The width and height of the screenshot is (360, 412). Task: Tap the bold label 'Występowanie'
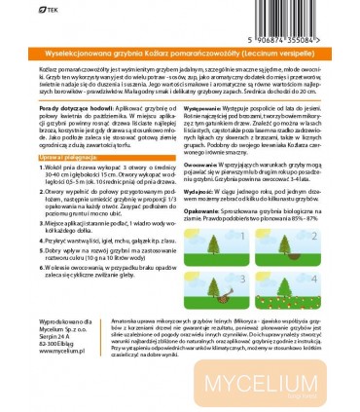pos(201,128)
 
